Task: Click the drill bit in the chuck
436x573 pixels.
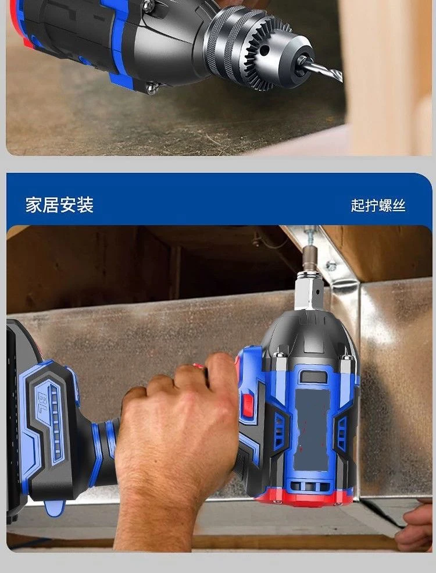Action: (323, 71)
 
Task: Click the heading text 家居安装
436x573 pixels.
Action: (59, 205)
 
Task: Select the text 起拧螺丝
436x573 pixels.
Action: (378, 205)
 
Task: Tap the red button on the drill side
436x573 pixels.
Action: (248, 404)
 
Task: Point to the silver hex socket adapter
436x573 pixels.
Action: (310, 290)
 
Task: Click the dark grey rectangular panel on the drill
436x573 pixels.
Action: (313, 430)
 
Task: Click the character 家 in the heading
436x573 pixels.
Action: (34, 205)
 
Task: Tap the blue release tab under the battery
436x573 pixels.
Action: (55, 508)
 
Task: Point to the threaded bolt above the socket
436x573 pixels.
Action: (311, 239)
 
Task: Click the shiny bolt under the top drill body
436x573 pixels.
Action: (153, 88)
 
